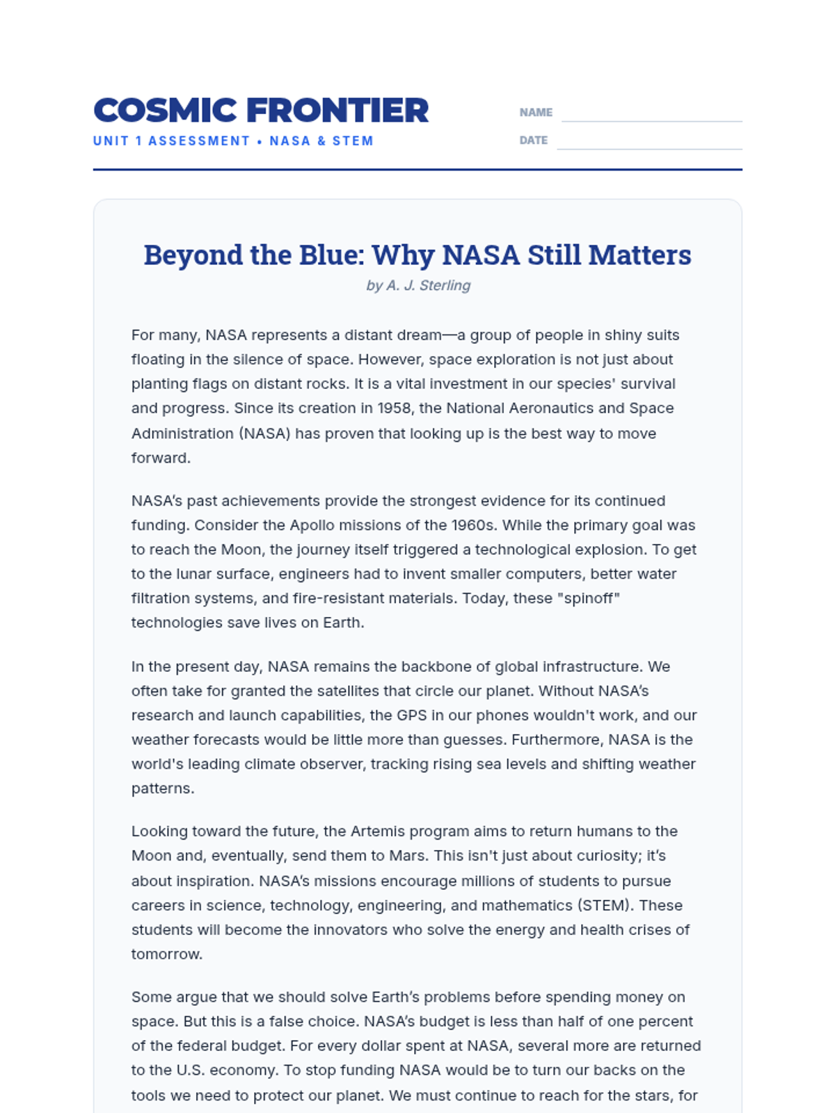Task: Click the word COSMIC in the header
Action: coord(165,111)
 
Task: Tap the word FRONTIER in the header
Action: coord(337,111)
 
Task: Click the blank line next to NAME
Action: coord(651,114)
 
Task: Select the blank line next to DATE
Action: coord(649,142)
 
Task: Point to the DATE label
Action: coord(533,141)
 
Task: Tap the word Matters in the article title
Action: coord(639,255)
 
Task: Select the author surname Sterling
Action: coord(445,285)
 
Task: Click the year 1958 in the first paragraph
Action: coord(394,408)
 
